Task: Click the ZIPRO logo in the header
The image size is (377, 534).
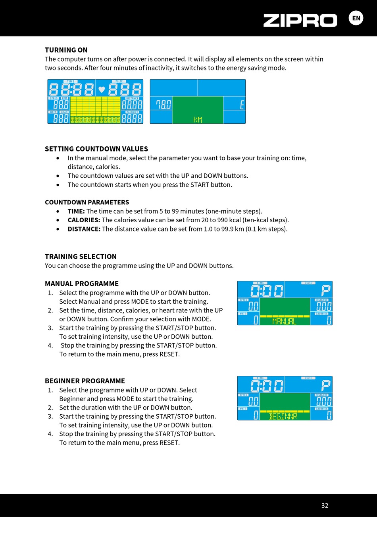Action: click(x=300, y=20)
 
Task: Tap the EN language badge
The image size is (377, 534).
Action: click(x=356, y=18)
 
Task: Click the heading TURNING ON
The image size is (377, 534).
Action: click(x=66, y=50)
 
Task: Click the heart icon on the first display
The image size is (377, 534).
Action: click(x=102, y=89)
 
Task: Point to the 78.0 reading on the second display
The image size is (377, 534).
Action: click(x=163, y=105)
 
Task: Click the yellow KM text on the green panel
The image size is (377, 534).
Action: click(x=198, y=119)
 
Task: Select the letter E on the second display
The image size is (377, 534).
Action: click(x=242, y=105)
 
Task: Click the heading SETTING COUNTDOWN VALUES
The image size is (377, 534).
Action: click(x=96, y=149)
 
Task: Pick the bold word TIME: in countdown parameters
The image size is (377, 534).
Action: click(x=76, y=211)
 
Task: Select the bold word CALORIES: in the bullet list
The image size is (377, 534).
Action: click(x=84, y=220)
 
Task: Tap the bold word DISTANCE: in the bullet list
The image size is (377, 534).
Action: click(x=84, y=229)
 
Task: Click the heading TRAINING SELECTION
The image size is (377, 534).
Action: click(x=81, y=256)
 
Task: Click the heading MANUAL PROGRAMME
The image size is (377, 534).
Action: click(x=82, y=284)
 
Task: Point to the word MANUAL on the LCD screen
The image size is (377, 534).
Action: click(x=285, y=322)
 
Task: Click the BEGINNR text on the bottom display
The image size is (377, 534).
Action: click(x=283, y=416)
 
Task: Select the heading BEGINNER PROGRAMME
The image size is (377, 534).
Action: click(x=85, y=381)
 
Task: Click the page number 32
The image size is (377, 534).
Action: click(x=325, y=505)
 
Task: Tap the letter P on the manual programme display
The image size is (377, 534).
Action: click(x=326, y=291)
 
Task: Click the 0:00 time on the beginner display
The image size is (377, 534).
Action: click(x=267, y=386)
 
